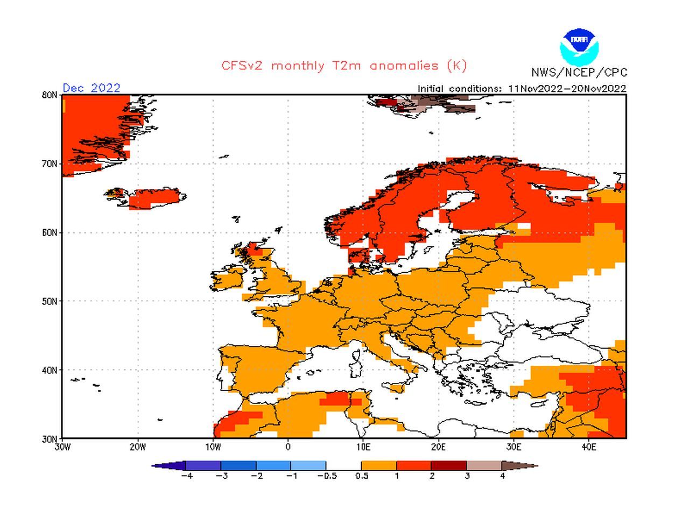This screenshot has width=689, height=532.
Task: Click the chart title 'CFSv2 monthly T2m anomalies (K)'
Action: [x=344, y=66]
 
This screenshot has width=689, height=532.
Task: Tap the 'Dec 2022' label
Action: [x=92, y=88]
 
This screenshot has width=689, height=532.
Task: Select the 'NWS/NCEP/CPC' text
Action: [x=579, y=73]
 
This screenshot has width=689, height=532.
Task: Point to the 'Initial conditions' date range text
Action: [x=522, y=89]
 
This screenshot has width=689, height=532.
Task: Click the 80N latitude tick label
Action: [x=50, y=95]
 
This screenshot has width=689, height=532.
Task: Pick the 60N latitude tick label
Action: [x=50, y=233]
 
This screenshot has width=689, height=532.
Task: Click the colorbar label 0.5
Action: [x=362, y=476]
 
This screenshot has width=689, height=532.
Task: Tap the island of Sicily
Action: [x=398, y=387]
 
